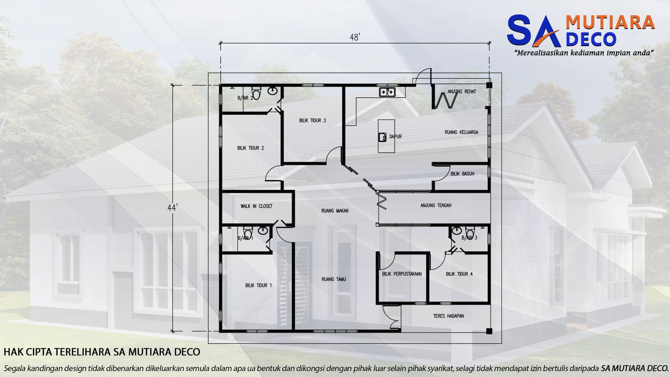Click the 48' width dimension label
tap(355, 37)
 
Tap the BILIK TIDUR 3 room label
tap(312, 121)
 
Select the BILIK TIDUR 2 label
tap(250, 148)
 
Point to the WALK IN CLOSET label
tap(256, 206)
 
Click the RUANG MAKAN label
tap(335, 211)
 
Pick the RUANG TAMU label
tap(334, 279)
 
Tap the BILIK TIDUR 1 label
tap(258, 285)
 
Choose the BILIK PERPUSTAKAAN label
tap(402, 274)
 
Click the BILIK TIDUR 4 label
tap(459, 274)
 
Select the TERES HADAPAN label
tap(448, 316)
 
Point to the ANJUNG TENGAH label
tap(436, 205)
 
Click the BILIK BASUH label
tap(462, 174)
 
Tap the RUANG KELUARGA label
tap(461, 132)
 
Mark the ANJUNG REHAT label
tap(461, 91)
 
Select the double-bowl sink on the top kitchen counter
tap(387, 92)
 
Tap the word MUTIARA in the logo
tap(610, 22)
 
